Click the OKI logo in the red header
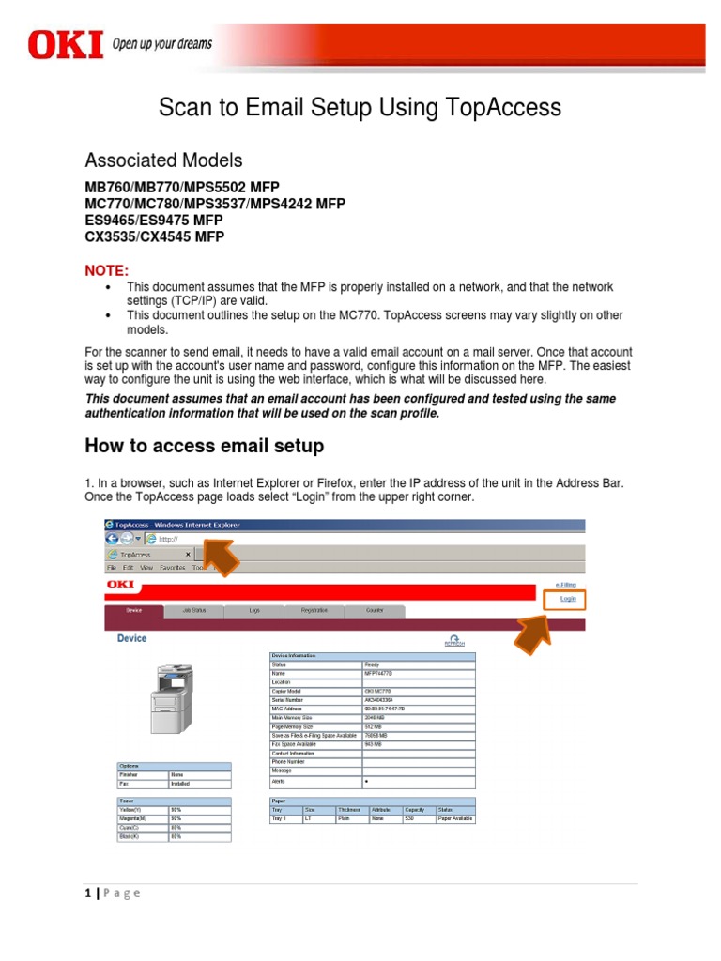65,44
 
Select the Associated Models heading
163,160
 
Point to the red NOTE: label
106,270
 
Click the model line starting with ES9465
154,220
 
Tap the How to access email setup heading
205,445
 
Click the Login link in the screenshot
568,598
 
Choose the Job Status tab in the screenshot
192,611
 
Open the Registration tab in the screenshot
314,611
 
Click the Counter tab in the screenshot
375,611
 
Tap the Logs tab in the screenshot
253,611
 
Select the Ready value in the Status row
373,664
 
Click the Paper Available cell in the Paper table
455,819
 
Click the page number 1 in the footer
85,892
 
